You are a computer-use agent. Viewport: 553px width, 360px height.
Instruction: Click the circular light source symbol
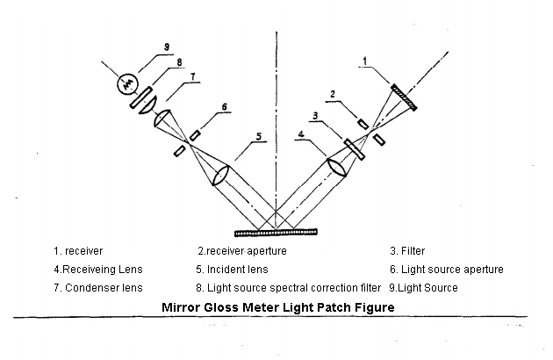127,83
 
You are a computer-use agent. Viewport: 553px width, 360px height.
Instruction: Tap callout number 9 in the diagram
167,47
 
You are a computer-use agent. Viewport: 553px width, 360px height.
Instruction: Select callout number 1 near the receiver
365,61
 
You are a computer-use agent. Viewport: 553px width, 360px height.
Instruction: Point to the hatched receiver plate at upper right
404,97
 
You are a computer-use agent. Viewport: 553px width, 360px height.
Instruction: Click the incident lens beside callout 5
220,176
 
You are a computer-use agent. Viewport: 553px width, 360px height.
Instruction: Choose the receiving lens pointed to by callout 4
337,168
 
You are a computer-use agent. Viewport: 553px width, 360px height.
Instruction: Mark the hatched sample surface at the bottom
276,232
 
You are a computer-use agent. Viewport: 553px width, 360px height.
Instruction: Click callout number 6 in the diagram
225,106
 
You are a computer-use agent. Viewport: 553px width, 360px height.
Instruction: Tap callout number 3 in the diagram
315,115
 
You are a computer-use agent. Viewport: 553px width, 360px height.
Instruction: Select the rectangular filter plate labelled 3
354,149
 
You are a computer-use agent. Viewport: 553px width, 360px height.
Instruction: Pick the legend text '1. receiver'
78,251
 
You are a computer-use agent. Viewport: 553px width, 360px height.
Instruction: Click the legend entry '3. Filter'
407,251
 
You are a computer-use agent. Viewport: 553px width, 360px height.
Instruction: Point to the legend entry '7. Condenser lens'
98,288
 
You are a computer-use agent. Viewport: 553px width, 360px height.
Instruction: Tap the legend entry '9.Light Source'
423,288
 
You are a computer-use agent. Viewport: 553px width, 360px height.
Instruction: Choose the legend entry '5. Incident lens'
232,270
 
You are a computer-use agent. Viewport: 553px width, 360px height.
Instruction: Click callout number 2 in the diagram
332,94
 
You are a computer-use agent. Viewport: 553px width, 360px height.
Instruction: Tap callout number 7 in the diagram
192,76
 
